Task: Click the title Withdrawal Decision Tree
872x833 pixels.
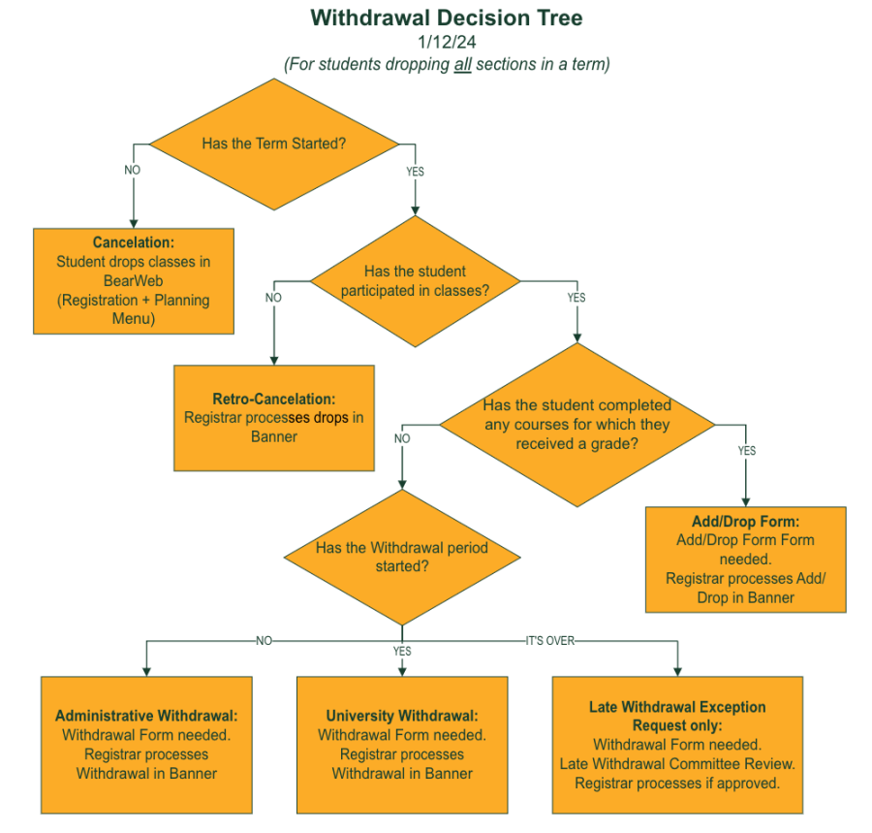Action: click(447, 17)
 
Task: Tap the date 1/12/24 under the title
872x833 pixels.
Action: click(447, 42)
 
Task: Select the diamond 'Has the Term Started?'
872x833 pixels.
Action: click(274, 144)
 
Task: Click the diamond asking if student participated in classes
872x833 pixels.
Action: click(415, 281)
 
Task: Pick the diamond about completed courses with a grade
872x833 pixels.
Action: click(577, 425)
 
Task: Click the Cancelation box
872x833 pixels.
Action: click(134, 281)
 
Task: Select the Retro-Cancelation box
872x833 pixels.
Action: click(273, 418)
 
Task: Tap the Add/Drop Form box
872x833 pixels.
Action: click(745, 560)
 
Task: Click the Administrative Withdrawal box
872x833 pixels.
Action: click(146, 745)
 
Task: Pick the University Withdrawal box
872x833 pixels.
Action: click(402, 745)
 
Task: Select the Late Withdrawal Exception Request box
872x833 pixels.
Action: click(677, 745)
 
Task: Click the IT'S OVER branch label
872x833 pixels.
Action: click(549, 641)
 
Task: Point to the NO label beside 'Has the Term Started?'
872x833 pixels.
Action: click(134, 170)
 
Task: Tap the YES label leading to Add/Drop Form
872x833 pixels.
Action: click(746, 451)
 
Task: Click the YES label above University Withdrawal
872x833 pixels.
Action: click(402, 652)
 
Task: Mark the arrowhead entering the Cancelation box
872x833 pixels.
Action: click(134, 222)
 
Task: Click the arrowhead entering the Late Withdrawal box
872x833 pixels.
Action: click(677, 670)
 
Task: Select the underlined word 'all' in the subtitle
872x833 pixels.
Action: click(462, 64)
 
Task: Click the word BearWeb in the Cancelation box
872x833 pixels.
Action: click(134, 280)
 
